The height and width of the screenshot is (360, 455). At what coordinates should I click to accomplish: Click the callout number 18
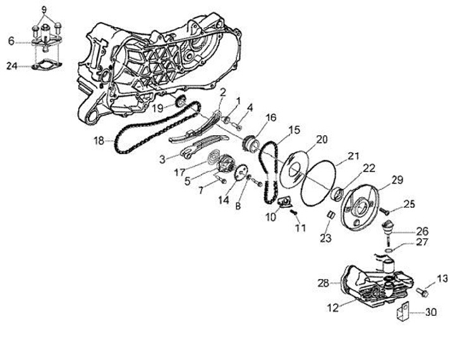99,141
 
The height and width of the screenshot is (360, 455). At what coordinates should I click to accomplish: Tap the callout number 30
431,313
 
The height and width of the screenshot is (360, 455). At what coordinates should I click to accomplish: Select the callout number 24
12,66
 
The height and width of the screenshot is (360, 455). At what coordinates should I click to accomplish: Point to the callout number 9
44,9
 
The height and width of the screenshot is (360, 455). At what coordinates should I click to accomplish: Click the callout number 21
353,156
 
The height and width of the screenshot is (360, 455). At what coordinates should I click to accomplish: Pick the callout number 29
397,180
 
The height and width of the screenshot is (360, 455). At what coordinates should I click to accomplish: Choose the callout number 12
333,308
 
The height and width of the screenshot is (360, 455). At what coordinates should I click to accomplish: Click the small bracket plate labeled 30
403,311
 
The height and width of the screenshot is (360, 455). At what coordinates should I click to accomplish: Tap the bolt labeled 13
422,292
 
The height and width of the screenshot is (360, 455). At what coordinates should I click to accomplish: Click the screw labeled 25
384,210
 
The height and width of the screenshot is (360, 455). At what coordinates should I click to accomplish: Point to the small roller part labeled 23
331,215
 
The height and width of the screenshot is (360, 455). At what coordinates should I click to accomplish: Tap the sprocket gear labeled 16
250,143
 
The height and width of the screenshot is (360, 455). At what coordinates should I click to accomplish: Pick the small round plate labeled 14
241,174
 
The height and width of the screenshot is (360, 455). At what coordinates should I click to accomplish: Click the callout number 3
162,159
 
